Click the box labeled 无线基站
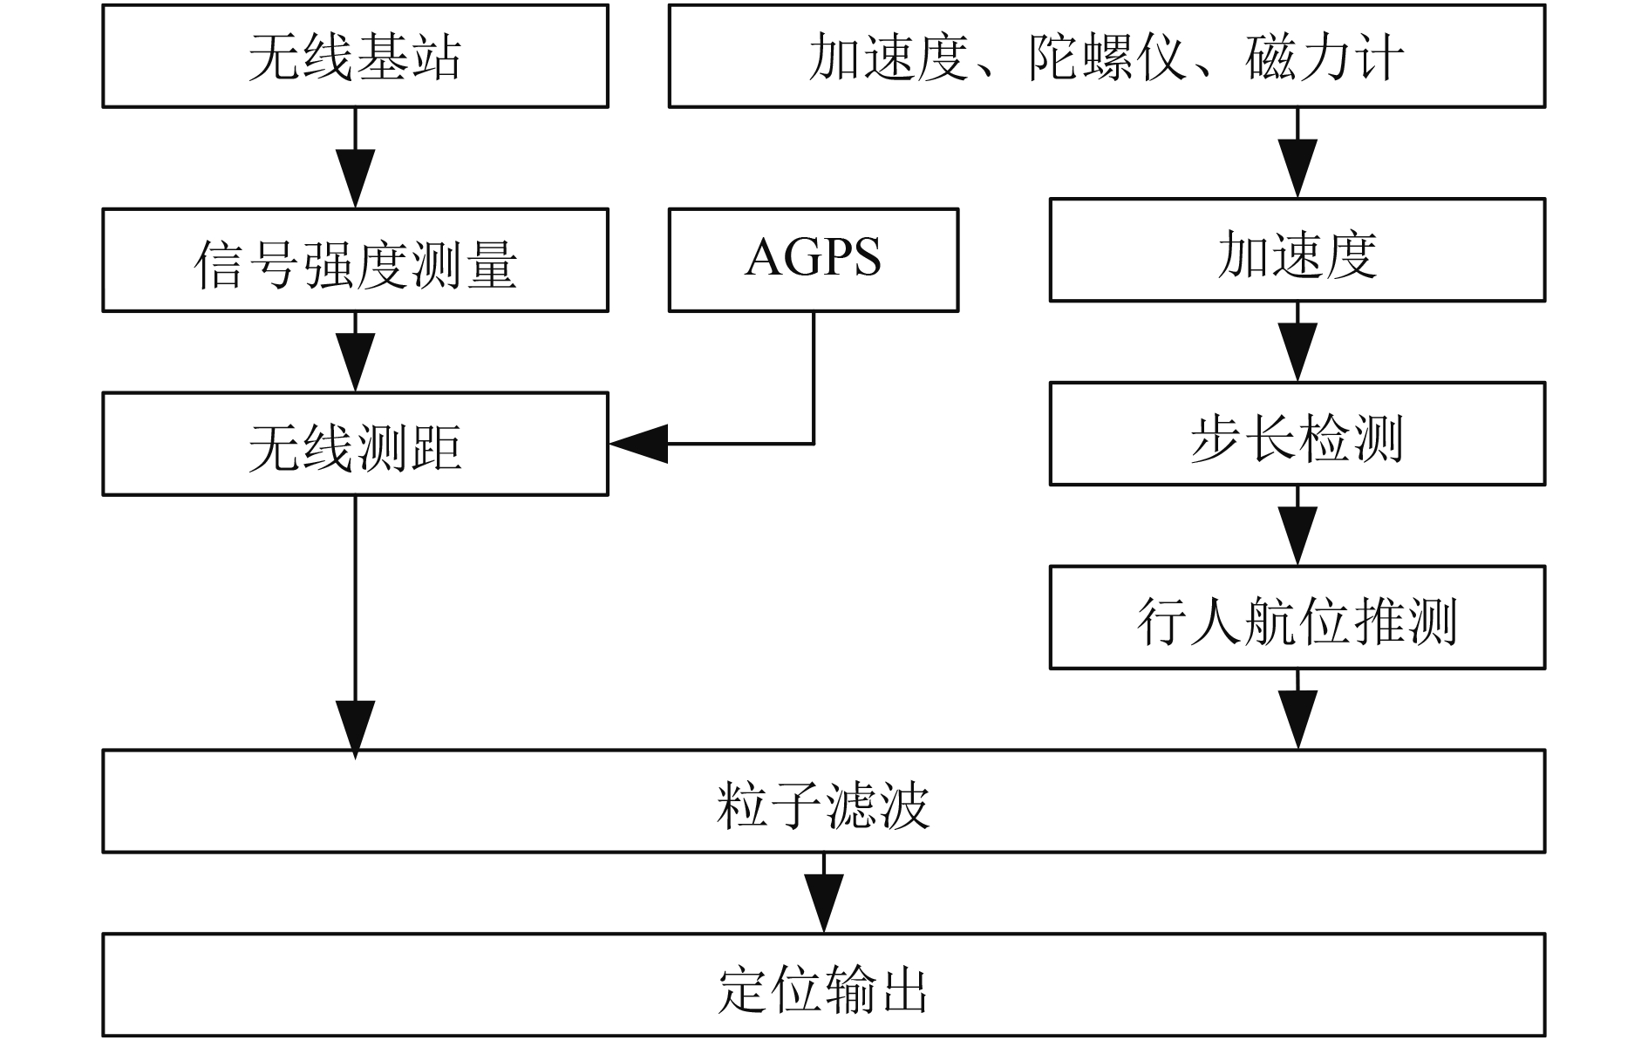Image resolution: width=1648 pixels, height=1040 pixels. tap(355, 56)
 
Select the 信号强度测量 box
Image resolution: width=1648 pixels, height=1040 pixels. tap(355, 260)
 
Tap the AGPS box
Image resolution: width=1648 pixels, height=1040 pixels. tap(814, 260)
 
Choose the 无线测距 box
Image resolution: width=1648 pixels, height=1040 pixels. tap(355, 444)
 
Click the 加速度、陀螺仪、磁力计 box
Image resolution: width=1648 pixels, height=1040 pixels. tap(1107, 56)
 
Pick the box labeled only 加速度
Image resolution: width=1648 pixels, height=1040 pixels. tap(1297, 250)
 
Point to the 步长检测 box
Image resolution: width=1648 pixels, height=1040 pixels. tap(1297, 433)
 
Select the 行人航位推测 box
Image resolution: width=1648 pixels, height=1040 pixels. tap(1297, 617)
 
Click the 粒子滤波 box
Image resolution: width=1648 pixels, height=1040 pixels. tap(824, 801)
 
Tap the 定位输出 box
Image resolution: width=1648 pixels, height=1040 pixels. tap(824, 985)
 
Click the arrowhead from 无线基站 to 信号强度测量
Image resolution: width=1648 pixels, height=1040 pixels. tap(355, 179)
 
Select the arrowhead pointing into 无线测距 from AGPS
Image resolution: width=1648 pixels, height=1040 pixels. tap(638, 444)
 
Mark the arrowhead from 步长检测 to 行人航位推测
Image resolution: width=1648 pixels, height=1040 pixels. tap(1297, 536)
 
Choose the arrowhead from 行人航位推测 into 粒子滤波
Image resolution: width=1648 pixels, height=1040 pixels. tap(1297, 720)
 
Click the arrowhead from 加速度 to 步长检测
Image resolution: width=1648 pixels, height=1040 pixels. tap(1297, 352)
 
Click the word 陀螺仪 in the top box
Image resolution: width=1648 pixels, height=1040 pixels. tap(1107, 58)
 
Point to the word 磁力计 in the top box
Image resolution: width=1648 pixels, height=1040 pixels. tap(1325, 58)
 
